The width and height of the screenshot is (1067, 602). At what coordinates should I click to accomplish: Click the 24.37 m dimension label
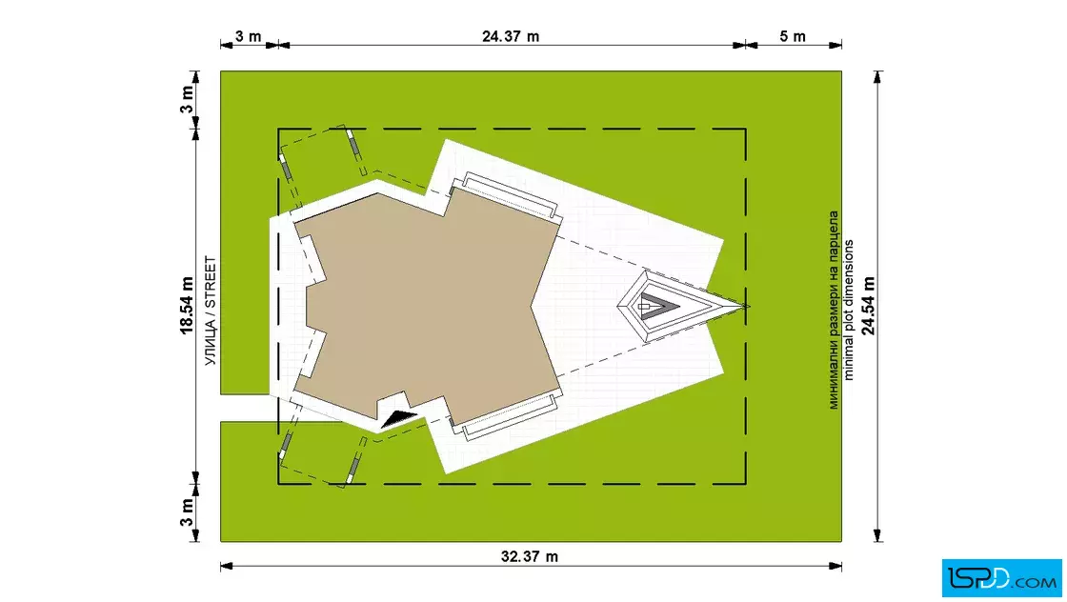511,36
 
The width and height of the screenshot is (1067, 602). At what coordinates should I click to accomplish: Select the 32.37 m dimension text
530,556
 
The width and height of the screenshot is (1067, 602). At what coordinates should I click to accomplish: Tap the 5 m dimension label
792,36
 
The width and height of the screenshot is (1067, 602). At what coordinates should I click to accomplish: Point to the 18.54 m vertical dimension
187,306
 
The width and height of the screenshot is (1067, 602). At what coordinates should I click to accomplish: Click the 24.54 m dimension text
868,306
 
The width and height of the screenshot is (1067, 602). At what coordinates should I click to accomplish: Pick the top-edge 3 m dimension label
249,36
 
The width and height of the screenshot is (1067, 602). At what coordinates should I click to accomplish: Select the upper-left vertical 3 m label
187,99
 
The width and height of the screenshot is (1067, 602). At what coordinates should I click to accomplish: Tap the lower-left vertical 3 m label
187,512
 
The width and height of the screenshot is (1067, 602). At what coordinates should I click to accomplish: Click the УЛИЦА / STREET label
211,311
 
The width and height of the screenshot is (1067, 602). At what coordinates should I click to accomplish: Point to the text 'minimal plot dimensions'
848,310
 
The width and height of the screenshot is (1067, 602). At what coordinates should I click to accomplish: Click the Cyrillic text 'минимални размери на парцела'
833,310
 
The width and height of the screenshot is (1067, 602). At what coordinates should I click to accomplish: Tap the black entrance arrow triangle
399,420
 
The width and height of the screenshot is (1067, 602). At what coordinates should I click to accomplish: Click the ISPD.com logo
1001,577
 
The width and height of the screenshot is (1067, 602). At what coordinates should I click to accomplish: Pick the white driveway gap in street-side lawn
245,408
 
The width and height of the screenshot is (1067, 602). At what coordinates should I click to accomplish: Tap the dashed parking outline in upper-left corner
323,163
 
